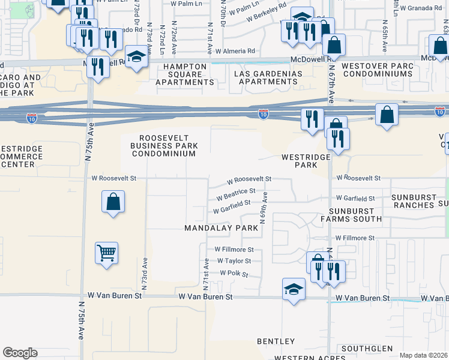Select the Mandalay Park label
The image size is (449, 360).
221,228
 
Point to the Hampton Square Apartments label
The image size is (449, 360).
185,74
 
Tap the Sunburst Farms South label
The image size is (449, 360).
355,214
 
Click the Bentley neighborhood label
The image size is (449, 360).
276,341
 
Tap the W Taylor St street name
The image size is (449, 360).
234,261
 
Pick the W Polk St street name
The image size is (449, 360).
234,273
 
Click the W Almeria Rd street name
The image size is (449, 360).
235,52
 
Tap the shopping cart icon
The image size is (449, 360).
106,253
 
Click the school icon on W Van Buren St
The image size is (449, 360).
294,290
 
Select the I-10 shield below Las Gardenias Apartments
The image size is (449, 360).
263,113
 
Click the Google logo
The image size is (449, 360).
20,353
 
